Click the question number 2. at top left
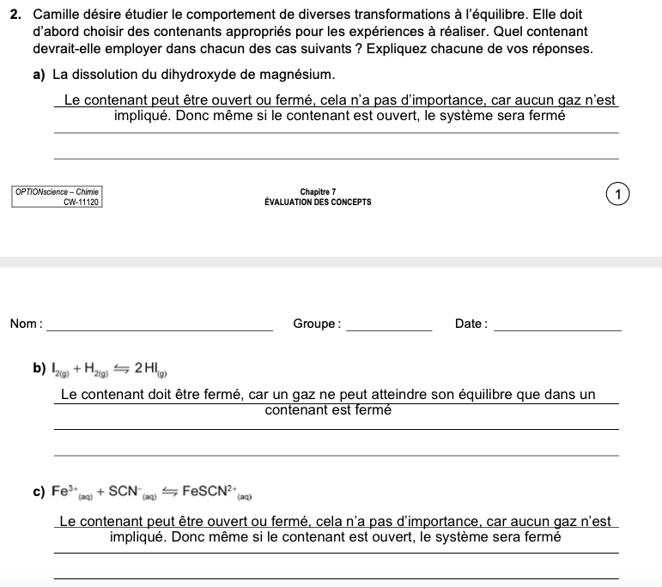pos(16,15)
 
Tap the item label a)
pos(39,75)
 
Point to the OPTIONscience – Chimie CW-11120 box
pos(58,197)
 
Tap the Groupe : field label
pos(316,324)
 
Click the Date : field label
pos(471,324)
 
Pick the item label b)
pos(39,369)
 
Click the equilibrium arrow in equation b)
pos(120,369)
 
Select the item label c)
pos(39,492)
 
